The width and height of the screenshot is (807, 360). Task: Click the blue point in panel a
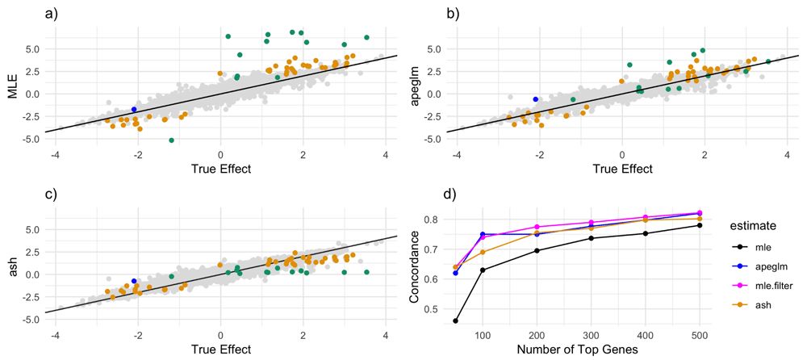[134, 109]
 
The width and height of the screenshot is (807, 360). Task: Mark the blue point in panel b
[535, 99]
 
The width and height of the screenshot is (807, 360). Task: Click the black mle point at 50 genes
[456, 320]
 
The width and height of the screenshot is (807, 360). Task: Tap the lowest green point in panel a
[172, 140]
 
